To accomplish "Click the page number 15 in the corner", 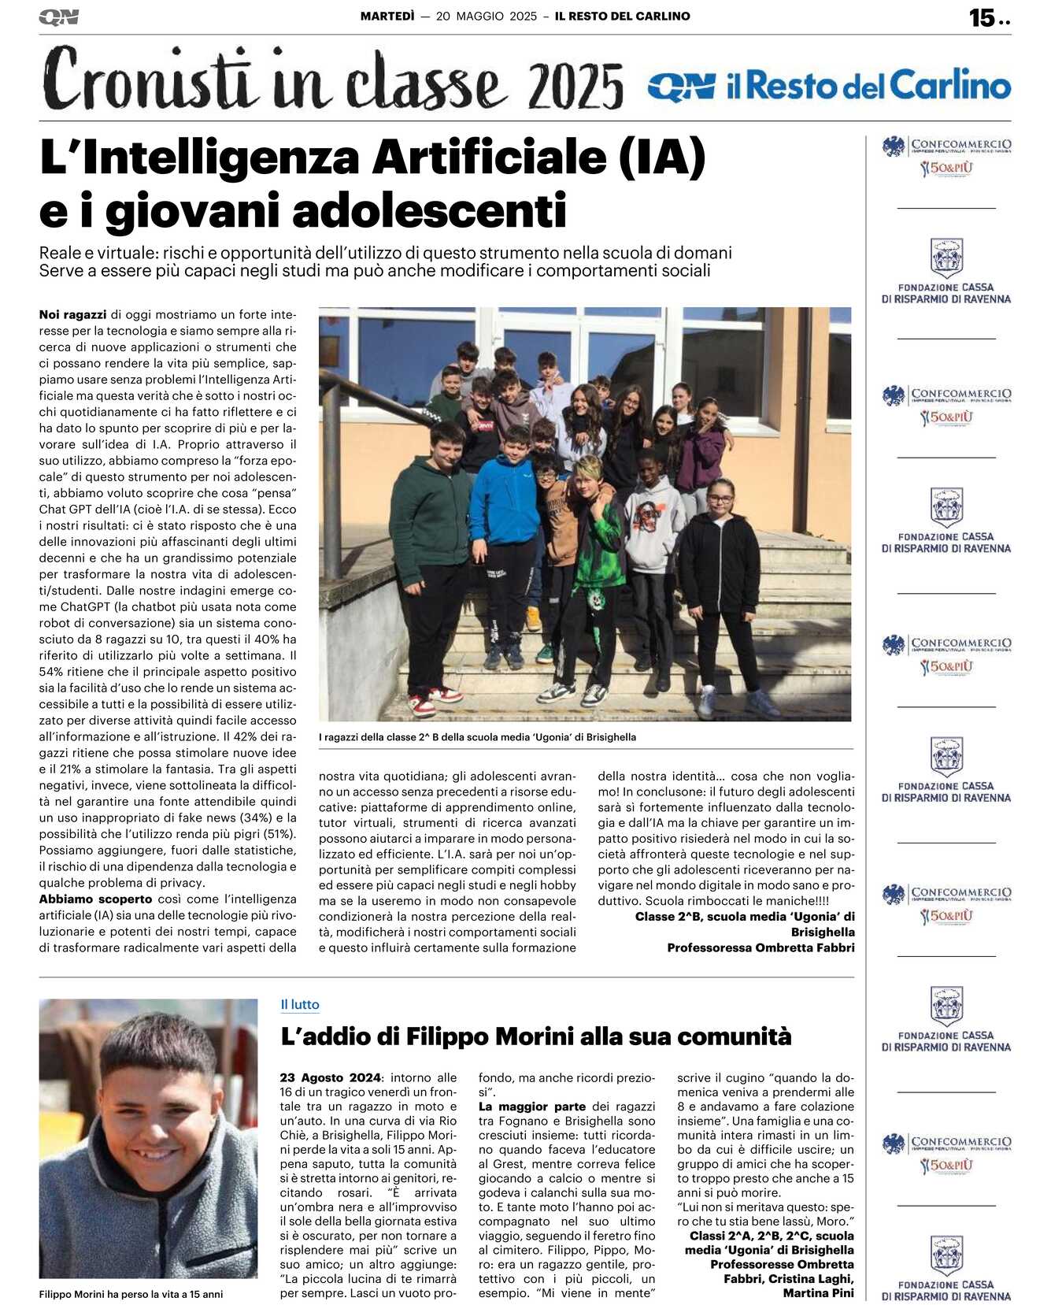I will (x=982, y=17).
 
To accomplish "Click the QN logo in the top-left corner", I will (x=58, y=17).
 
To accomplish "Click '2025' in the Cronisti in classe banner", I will (x=575, y=87).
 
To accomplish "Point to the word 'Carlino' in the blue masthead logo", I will (x=950, y=85).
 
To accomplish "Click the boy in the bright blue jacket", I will (x=504, y=504).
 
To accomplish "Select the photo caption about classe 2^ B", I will (x=477, y=737).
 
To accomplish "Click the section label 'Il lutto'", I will (x=300, y=1004).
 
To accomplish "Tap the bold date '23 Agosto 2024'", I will (x=331, y=1077).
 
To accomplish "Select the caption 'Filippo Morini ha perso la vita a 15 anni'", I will (x=131, y=1294).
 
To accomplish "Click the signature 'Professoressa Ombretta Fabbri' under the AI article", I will (x=760, y=947).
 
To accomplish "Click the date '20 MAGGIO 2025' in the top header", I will (x=487, y=16).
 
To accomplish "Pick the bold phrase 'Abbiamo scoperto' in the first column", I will (x=96, y=899).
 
